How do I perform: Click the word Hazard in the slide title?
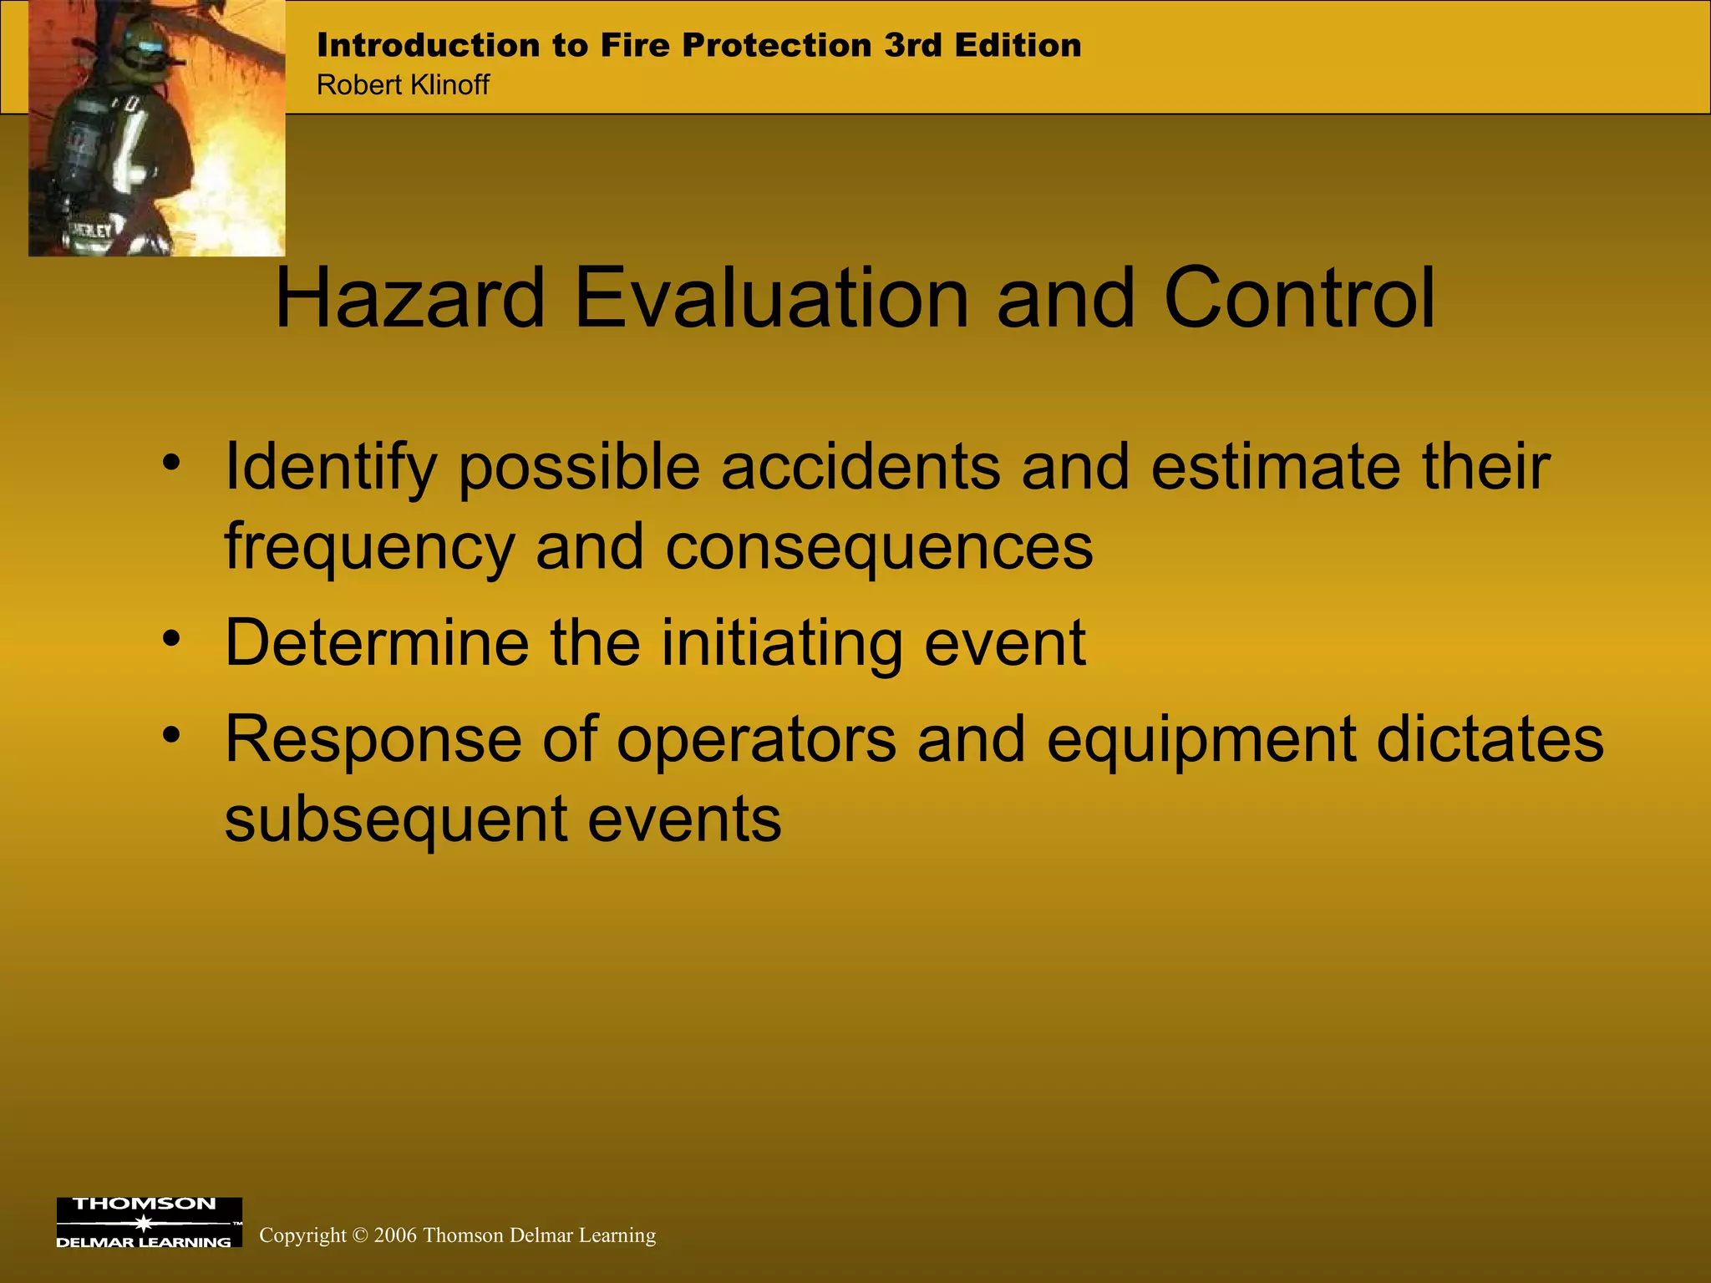tap(409, 298)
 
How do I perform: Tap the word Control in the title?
tap(1298, 298)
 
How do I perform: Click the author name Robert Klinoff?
tap(403, 85)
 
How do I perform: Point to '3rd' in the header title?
tap(913, 45)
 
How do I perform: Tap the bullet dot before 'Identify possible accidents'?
tap(171, 462)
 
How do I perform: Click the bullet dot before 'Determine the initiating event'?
tap(171, 639)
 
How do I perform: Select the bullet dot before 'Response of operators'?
tap(171, 735)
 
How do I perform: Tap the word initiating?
tap(781, 643)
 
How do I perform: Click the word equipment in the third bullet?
tap(1201, 739)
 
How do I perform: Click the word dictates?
tap(1490, 739)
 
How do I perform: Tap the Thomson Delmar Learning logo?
tap(149, 1222)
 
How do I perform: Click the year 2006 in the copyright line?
tap(395, 1235)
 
